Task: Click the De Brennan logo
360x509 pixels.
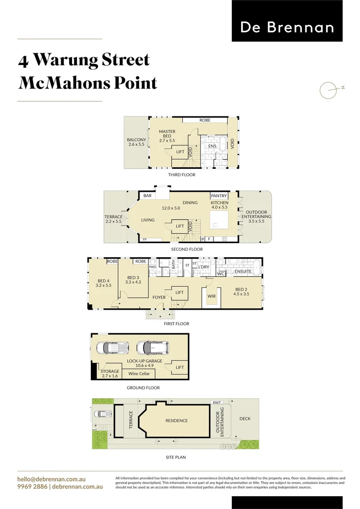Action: [287, 27]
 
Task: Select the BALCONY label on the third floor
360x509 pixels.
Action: [137, 142]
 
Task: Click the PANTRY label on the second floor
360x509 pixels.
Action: [219, 196]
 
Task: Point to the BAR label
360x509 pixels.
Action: [147, 196]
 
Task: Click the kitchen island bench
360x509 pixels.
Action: [220, 219]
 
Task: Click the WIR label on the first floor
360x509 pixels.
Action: [212, 296]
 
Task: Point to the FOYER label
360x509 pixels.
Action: [159, 297]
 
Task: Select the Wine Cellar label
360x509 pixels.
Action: [139, 374]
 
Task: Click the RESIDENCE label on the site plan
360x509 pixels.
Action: [176, 420]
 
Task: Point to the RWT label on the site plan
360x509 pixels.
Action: [216, 402]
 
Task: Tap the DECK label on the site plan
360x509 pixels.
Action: [245, 419]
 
